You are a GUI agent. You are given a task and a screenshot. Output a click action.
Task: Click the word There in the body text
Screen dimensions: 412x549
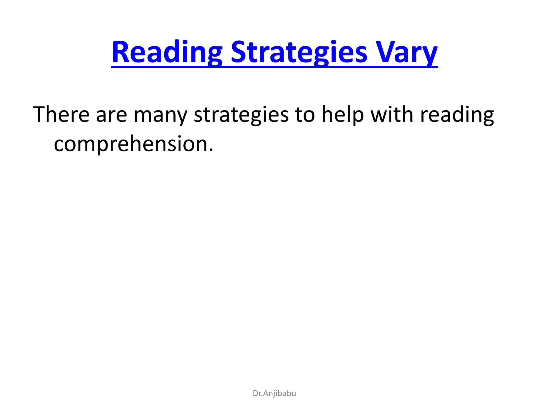pos(61,114)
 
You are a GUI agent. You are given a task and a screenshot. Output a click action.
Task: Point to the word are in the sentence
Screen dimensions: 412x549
pos(111,115)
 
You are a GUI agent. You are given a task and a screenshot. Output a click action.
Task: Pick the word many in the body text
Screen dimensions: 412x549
pos(160,115)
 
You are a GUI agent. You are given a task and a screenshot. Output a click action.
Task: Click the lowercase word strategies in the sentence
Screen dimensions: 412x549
pos(241,115)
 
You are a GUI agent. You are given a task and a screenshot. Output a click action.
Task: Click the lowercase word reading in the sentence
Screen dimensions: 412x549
pos(457,115)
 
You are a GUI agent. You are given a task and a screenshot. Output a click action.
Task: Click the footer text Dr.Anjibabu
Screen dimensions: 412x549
pos(274,393)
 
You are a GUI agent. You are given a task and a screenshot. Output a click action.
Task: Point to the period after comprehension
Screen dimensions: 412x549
pos(211,150)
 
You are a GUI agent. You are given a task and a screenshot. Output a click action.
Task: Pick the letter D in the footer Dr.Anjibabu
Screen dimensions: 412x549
pos(255,393)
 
